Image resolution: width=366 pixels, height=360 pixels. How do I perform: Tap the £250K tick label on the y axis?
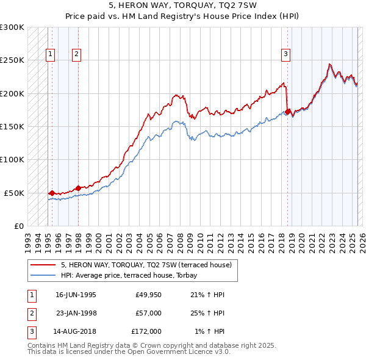12,60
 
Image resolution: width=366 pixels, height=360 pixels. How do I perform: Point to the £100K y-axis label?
12,160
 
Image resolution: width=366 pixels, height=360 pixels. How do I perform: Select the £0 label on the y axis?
18,226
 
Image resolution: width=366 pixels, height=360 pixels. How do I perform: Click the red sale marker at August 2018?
287,112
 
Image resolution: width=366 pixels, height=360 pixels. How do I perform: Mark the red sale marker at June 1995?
52,193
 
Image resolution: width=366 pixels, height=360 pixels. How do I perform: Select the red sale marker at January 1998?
78,188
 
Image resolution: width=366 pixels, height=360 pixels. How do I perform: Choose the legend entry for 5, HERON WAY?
146,265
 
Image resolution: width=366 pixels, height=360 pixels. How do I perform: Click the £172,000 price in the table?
146,331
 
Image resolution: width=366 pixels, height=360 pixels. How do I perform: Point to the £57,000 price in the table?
148,313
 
